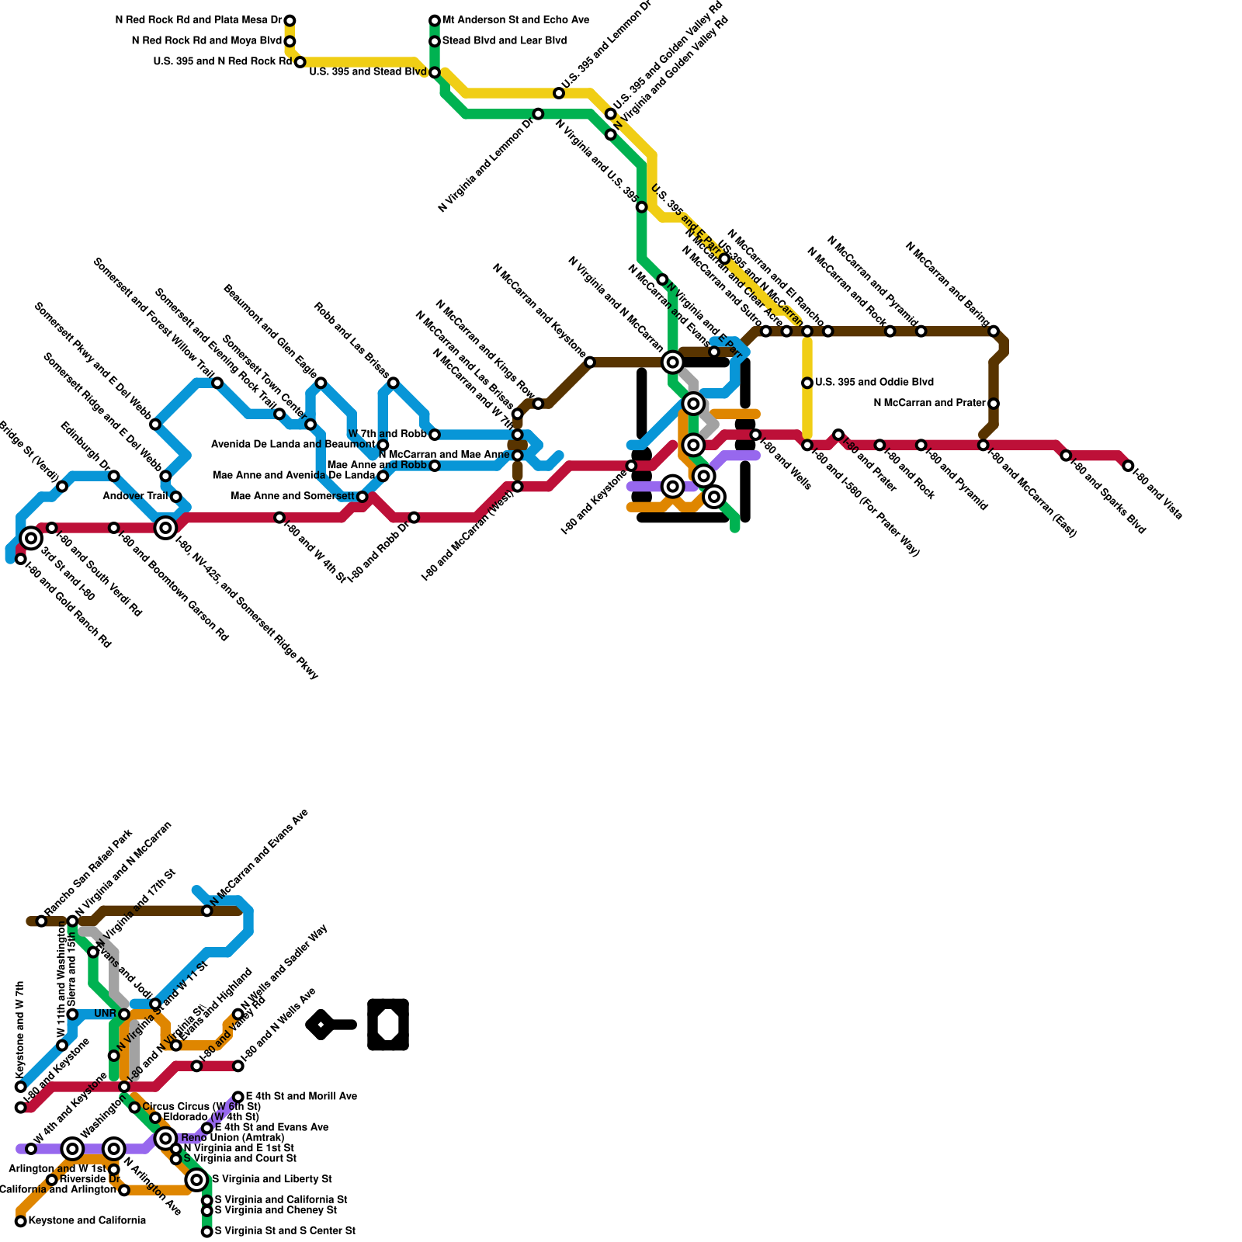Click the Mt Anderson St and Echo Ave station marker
(x=435, y=20)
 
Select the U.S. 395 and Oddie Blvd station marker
(x=807, y=383)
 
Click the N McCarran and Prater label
(x=930, y=403)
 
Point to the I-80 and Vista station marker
(x=1128, y=466)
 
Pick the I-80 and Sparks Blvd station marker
(x=1066, y=456)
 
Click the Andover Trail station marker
(x=176, y=497)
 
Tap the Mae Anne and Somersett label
(x=293, y=496)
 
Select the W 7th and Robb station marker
(x=435, y=435)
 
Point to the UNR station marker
(x=124, y=1014)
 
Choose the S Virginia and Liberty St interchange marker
(x=197, y=1180)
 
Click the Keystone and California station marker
(x=21, y=1221)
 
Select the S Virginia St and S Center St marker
(x=207, y=1231)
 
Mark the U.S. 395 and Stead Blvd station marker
(x=435, y=72)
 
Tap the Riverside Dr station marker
(x=52, y=1180)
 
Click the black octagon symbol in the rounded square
(x=388, y=1025)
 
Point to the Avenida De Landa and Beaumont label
(x=293, y=445)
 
